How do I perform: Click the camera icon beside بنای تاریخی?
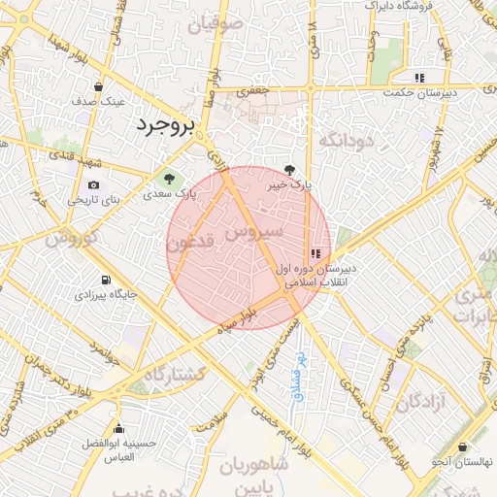(x=93, y=185)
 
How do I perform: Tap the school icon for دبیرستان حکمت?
(x=419, y=78)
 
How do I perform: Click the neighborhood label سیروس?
(x=253, y=233)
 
